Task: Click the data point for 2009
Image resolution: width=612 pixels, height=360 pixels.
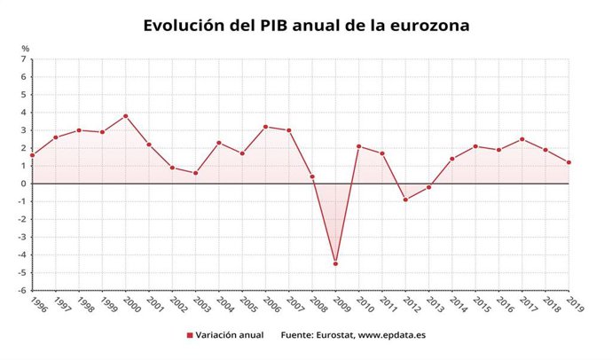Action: [336, 263]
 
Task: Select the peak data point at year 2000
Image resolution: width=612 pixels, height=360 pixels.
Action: [126, 116]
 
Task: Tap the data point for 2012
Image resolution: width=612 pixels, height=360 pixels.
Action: [405, 200]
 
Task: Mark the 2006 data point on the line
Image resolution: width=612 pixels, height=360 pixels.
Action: [265, 127]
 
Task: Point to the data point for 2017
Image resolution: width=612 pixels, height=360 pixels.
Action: [522, 139]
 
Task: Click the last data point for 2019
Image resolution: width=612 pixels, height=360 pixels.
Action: [569, 162]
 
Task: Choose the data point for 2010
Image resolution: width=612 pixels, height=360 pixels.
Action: [358, 146]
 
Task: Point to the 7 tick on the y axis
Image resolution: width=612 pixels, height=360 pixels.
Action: [24, 59]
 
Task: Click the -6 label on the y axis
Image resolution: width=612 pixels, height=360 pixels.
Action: [22, 291]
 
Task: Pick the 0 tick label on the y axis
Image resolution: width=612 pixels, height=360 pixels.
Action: [24, 184]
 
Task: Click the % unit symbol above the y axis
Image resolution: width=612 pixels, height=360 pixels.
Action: [25, 48]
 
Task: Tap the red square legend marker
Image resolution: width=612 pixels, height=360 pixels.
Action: [190, 335]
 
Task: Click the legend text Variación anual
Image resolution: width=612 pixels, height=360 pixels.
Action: [231, 335]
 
